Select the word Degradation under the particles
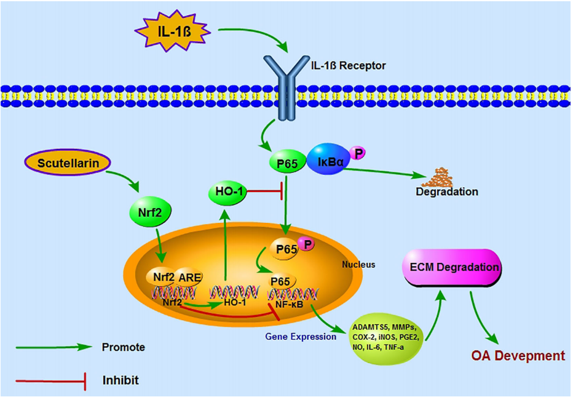(446, 192)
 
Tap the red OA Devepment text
(518, 355)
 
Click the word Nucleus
(358, 265)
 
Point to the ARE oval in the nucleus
(189, 276)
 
